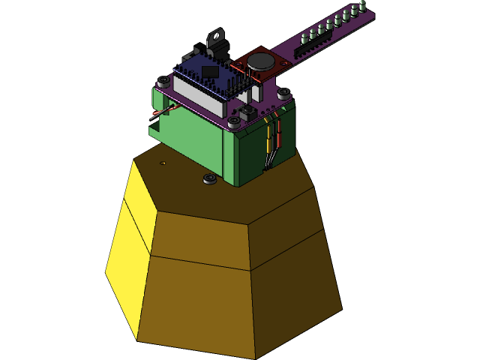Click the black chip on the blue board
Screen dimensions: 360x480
coord(210,72)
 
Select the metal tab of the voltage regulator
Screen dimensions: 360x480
coord(217,36)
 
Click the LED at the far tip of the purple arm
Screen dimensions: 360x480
coord(363,6)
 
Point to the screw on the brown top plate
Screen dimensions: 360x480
coord(210,178)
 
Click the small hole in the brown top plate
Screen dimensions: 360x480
coord(163,163)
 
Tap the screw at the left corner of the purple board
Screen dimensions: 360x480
coord(163,80)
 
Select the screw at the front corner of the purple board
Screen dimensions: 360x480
coord(235,121)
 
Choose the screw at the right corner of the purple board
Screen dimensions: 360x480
coord(283,94)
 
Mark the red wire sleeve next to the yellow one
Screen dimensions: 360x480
coord(279,139)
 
